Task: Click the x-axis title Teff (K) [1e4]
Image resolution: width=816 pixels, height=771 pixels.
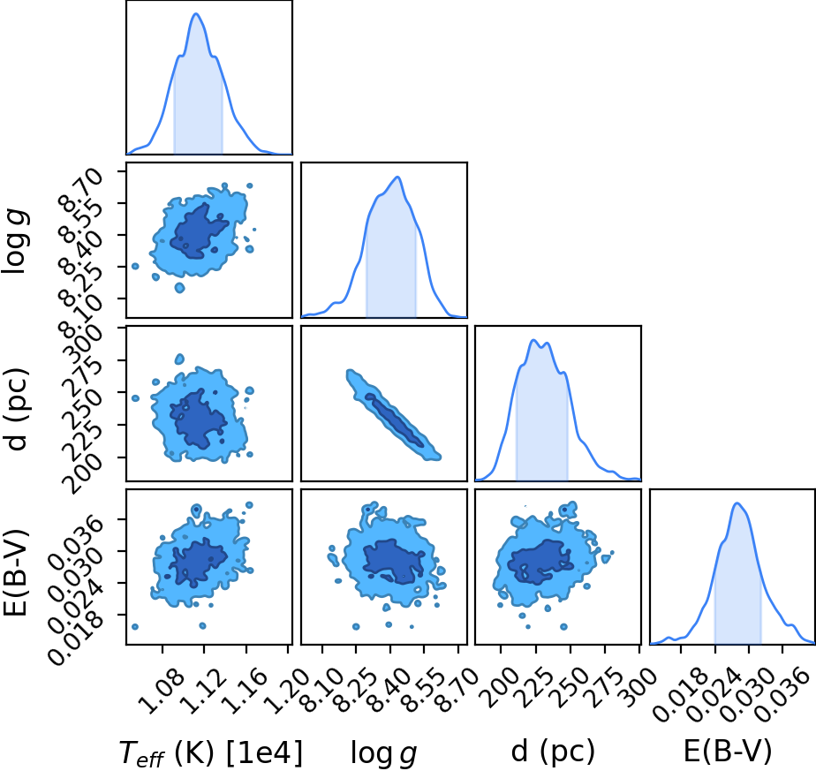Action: (211, 752)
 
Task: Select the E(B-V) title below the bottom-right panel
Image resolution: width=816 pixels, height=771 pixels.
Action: (728, 751)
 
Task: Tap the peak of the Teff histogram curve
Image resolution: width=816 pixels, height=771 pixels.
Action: (196, 13)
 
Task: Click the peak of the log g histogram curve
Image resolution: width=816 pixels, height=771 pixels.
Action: (397, 177)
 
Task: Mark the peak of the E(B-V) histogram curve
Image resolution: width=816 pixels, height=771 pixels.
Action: (737, 503)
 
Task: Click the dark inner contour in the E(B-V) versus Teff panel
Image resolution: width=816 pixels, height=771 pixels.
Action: (199, 563)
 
